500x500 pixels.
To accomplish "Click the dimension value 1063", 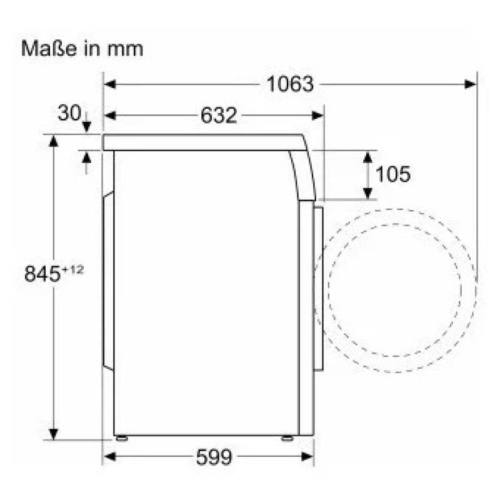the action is [290, 84].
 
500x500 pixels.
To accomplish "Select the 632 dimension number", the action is [219, 115].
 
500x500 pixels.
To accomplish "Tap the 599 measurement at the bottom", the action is [214, 457].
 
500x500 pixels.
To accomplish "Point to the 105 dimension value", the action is [393, 174].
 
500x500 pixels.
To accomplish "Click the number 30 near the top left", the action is [69, 112].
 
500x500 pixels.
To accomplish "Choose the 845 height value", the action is [42, 274].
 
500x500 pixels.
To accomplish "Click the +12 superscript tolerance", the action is [72, 270].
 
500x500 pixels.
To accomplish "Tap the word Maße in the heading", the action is [49, 49].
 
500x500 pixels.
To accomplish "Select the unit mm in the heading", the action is [126, 50].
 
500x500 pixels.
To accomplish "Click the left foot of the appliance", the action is [122, 438].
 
